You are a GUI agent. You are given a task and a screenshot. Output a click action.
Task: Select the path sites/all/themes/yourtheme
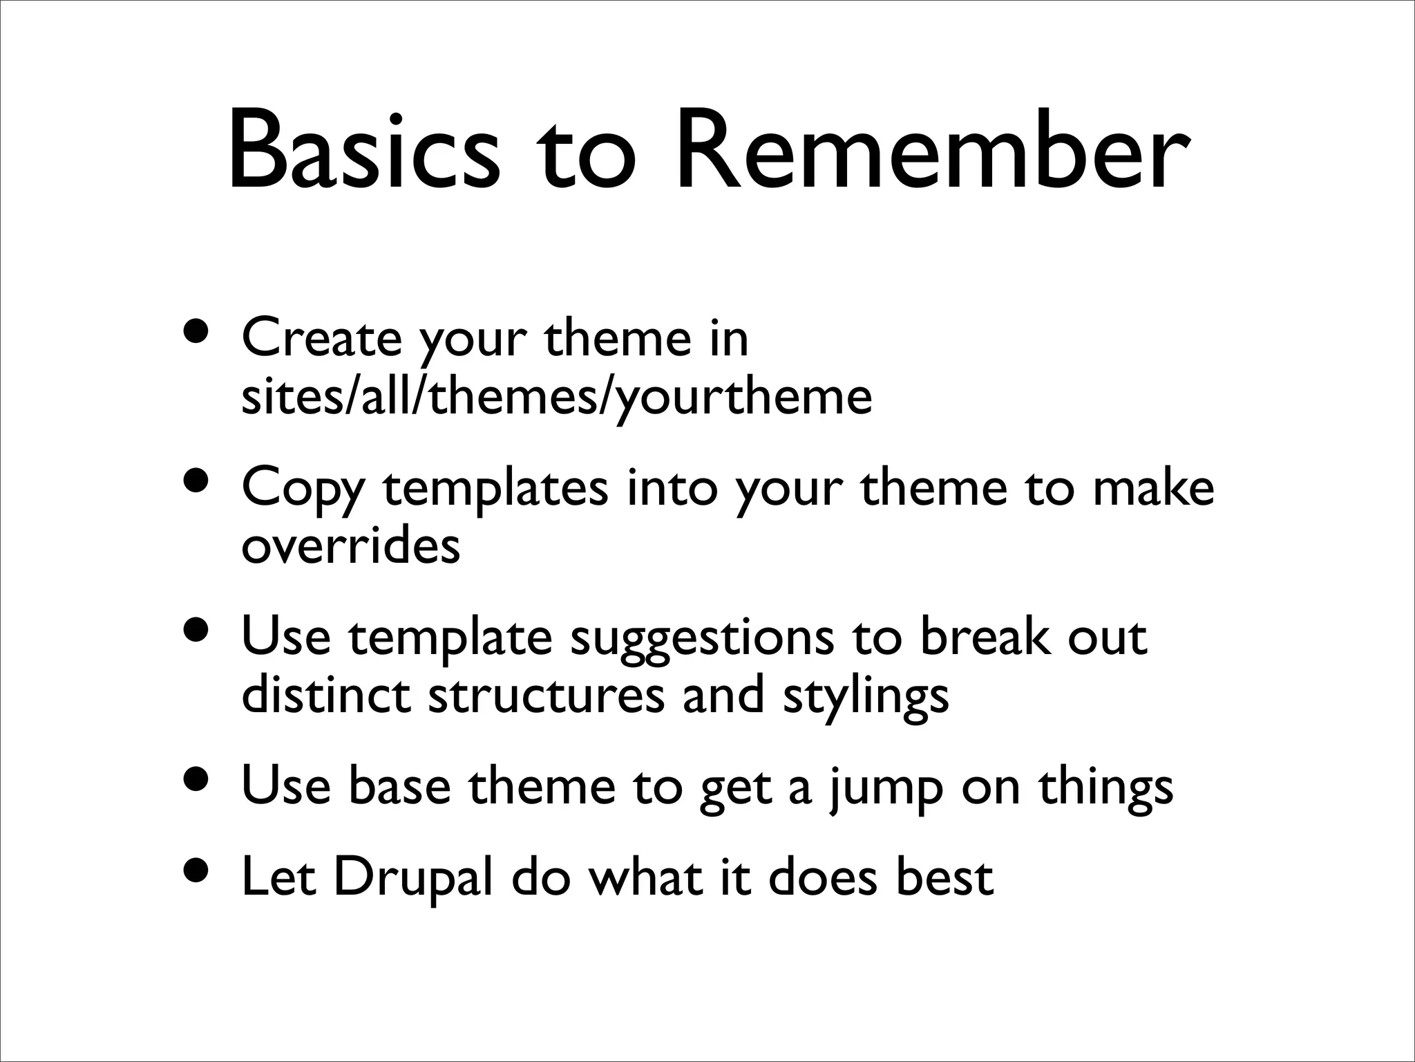tap(557, 398)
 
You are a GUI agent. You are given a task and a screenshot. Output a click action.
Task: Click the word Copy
tap(303, 490)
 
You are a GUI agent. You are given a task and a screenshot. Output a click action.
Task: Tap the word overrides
tap(351, 546)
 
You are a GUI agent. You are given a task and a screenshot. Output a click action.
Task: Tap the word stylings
tap(866, 697)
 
